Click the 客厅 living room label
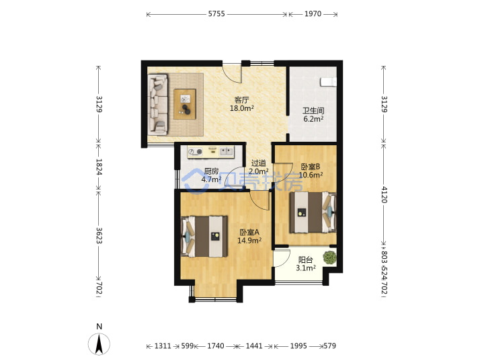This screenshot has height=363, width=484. (241, 99)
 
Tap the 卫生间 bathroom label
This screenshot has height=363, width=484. (313, 110)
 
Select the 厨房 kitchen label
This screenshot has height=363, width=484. (212, 171)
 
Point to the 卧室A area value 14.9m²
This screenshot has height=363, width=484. (249, 240)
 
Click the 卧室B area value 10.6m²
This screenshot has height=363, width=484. (311, 175)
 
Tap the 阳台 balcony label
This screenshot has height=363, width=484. (306, 260)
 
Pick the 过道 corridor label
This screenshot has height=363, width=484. (259, 163)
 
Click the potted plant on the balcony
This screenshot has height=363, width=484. (329, 257)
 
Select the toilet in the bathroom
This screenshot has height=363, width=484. (328, 82)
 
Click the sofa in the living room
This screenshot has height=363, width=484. (158, 104)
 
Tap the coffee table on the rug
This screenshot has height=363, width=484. (185, 104)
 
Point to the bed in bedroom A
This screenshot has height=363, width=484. (204, 237)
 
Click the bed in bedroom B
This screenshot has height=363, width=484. (313, 212)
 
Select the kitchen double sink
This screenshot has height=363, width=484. (227, 151)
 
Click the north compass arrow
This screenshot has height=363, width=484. (99, 344)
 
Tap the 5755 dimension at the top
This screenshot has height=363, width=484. (216, 13)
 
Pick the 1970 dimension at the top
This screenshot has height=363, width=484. (313, 13)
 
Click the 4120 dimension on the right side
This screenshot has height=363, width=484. (384, 194)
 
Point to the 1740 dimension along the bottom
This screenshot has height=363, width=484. (216, 346)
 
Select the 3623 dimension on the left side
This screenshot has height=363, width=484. (99, 236)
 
